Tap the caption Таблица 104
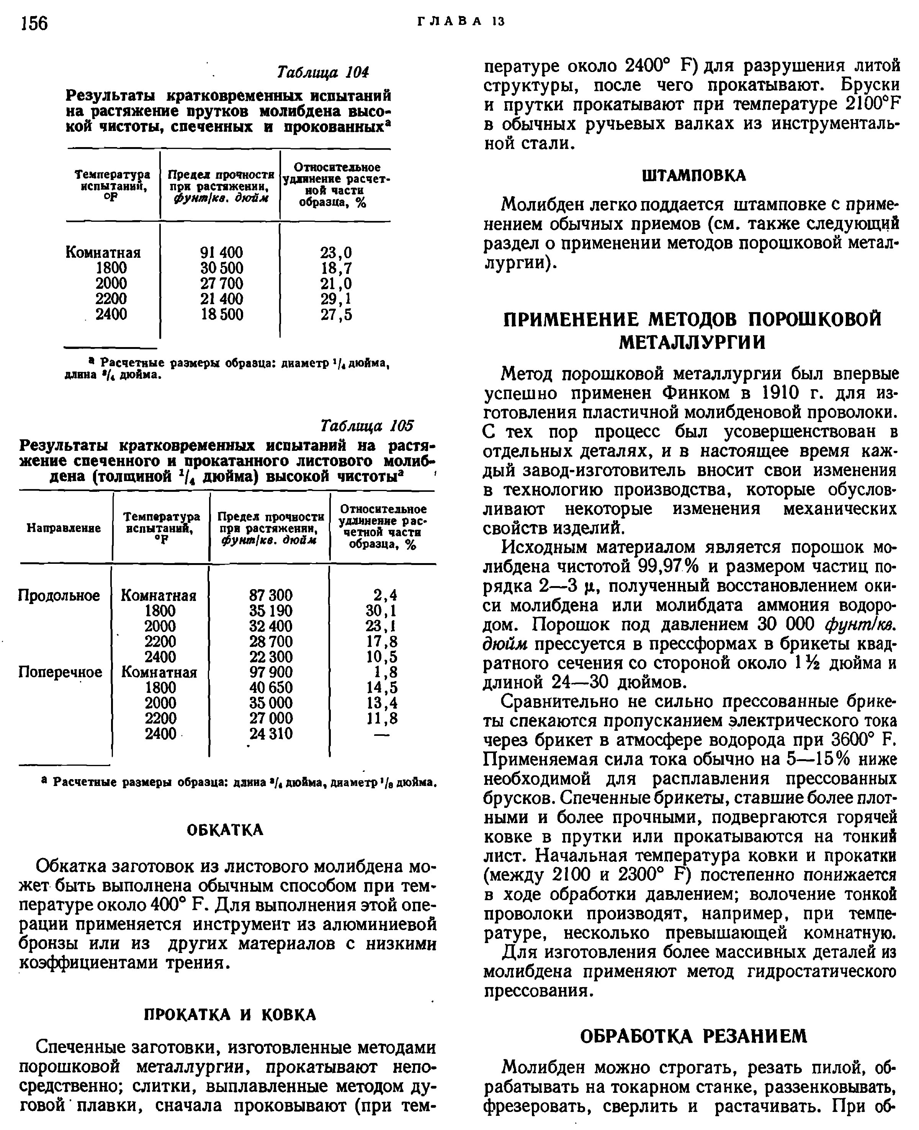pyautogui.click(x=323, y=72)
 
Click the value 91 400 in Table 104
pyautogui.click(x=222, y=252)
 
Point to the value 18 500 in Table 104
pyautogui.click(x=222, y=314)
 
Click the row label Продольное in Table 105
pyautogui.click(x=59, y=595)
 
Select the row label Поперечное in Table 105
pyautogui.click(x=60, y=672)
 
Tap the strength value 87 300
pyautogui.click(x=270, y=595)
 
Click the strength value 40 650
pyautogui.click(x=270, y=687)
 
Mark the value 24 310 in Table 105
pyautogui.click(x=270, y=734)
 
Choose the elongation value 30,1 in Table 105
pyautogui.click(x=381, y=611)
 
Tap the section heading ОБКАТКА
pyautogui.click(x=225, y=830)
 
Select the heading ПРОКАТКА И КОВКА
pyautogui.click(x=230, y=1015)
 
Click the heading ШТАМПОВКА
pyautogui.click(x=693, y=176)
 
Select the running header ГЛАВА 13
pyautogui.click(x=461, y=22)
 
